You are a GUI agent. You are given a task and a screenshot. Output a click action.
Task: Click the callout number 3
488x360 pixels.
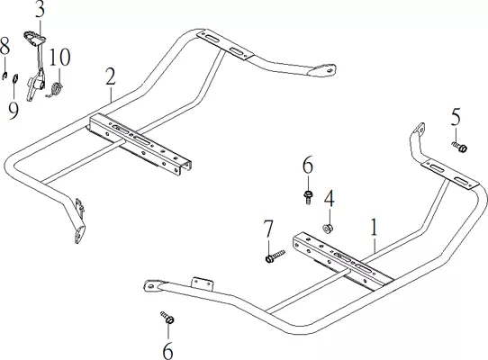pos(40,10)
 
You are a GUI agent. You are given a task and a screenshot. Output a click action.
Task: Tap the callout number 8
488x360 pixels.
pos(5,46)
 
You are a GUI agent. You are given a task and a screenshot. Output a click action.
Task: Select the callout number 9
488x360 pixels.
pos(14,111)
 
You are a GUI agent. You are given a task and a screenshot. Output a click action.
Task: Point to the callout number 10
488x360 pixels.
pos(59,57)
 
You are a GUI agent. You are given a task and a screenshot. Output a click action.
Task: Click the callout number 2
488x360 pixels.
pos(111,76)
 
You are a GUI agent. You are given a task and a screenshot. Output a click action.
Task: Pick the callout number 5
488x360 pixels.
pos(456,117)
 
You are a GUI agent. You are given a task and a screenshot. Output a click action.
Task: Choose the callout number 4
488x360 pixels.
pos(330,199)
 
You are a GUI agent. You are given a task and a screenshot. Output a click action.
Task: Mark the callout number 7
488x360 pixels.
pos(268,229)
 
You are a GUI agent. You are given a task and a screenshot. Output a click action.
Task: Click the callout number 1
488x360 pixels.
pos(374,227)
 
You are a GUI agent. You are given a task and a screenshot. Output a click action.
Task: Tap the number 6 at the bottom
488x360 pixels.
pos(167,350)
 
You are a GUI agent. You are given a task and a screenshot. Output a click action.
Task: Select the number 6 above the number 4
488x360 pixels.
pos(308,166)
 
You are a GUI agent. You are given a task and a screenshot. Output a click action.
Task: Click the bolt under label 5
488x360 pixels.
pos(459,147)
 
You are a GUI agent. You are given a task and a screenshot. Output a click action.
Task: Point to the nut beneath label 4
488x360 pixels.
pos(328,229)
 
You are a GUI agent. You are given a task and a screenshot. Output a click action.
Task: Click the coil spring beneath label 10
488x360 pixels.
pos(56,90)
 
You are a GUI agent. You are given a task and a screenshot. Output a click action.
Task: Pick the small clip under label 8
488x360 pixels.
pos(5,76)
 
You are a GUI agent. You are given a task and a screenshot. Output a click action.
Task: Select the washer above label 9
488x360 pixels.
pos(15,78)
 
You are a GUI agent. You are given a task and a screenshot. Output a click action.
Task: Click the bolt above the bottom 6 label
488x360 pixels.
pos(167,318)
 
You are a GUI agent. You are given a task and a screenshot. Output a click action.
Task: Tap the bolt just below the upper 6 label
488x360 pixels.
pos(308,197)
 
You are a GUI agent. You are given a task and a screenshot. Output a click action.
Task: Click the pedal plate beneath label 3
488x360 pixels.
pos(34,38)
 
